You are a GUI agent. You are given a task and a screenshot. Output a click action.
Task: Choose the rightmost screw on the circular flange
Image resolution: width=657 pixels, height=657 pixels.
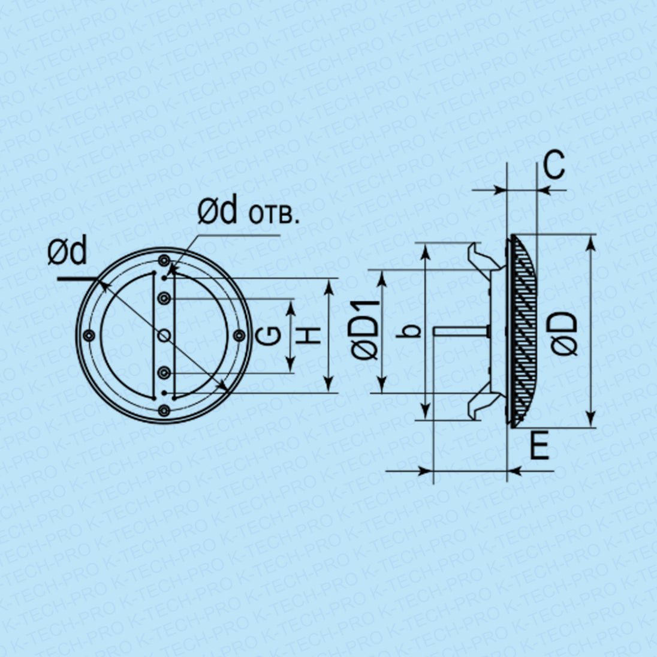(x=239, y=335)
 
